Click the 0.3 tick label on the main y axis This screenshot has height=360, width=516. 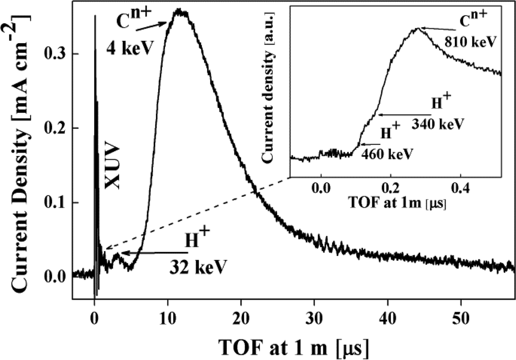56,54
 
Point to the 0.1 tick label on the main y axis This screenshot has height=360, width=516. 56,203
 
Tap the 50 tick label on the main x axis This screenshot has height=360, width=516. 460,318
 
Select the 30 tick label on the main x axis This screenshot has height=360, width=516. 314,318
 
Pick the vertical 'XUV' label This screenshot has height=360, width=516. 112,167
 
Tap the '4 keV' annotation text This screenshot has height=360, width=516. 129,48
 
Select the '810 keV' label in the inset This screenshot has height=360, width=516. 471,42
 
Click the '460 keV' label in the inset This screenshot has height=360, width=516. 387,154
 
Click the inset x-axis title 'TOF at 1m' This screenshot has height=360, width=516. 397,203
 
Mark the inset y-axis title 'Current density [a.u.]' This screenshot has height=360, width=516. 268,87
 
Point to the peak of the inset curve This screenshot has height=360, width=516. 418,28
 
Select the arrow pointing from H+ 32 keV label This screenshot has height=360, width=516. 155,253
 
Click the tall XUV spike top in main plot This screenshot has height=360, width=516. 95,15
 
